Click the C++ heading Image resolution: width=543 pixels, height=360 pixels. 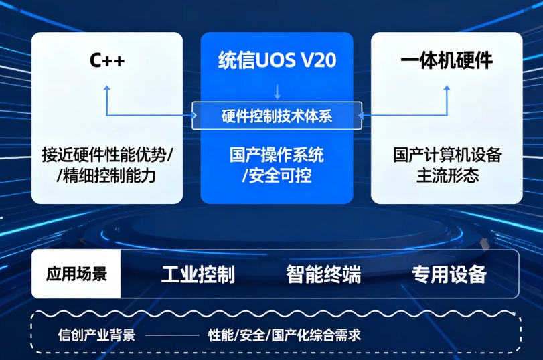(107, 60)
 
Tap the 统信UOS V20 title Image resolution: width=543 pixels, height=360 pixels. (277, 60)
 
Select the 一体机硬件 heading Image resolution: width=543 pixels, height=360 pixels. (447, 60)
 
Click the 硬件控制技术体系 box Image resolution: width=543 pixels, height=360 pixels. (277, 116)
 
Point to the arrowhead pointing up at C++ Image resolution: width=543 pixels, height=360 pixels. (107, 88)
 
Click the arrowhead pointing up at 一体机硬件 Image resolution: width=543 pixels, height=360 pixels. (447, 88)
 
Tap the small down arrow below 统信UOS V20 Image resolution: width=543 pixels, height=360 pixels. (277, 92)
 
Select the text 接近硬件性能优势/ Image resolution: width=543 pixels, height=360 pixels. (107, 155)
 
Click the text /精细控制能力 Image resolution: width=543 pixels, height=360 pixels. (106, 176)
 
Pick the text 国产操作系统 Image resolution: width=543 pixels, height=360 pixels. (277, 155)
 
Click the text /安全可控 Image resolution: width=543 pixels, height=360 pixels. (277, 176)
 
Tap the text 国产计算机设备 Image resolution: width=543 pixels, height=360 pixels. (447, 155)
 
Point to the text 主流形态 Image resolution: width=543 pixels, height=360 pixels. (447, 175)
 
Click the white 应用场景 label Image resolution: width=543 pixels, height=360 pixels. (76, 274)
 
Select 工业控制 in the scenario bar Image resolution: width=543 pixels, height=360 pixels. (198, 274)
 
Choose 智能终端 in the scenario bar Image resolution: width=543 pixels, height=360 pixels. (323, 274)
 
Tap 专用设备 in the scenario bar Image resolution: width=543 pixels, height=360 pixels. (449, 274)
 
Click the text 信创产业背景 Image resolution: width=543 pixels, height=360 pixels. (96, 335)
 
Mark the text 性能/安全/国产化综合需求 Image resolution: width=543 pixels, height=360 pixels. (285, 335)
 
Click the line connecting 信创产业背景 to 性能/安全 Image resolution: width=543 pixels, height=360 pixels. (172, 335)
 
